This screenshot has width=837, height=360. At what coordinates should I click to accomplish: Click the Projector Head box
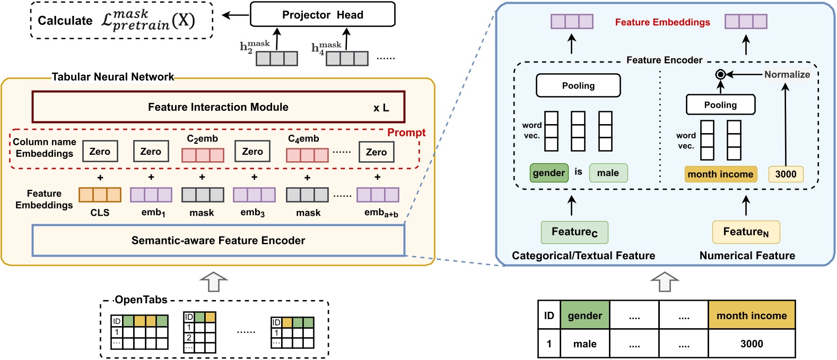[x=322, y=15]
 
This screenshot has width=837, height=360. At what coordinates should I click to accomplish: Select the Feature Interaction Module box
[x=218, y=107]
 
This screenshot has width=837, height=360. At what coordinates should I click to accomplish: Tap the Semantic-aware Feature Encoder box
[x=218, y=241]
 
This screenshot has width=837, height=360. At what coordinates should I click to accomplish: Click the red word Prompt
[x=406, y=133]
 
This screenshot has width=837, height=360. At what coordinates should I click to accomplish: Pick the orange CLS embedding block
[x=100, y=195]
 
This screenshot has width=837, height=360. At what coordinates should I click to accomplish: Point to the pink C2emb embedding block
[x=203, y=155]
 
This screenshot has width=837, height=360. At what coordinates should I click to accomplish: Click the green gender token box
[x=549, y=173]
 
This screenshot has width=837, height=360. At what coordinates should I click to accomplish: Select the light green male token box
[x=608, y=173]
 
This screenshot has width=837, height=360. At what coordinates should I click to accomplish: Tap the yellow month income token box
[x=720, y=174]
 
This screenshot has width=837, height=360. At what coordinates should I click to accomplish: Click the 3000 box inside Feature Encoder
[x=786, y=174]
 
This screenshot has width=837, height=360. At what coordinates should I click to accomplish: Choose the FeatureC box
[x=574, y=232]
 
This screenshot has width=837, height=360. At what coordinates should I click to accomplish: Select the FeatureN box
[x=746, y=232]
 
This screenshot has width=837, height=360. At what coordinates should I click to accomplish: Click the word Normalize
[x=787, y=75]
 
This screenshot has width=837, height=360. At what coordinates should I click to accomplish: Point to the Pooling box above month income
[x=720, y=105]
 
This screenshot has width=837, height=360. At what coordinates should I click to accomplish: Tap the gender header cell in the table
[x=585, y=315]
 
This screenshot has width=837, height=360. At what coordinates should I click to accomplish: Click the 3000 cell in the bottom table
[x=752, y=344]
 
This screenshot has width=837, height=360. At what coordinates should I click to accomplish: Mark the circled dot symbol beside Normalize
[x=720, y=75]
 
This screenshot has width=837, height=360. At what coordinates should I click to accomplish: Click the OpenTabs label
[x=141, y=300]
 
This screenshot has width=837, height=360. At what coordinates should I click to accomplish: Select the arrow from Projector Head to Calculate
[x=235, y=15]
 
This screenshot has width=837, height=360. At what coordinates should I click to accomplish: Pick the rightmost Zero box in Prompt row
[x=376, y=152]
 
